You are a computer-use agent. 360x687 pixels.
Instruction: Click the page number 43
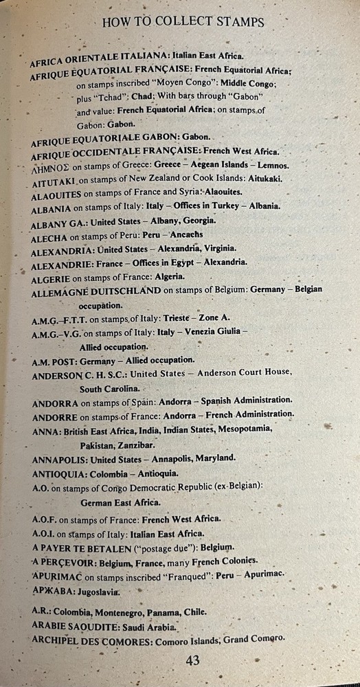pyautogui.click(x=192, y=661)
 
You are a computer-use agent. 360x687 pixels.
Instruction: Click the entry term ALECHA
pyautogui.click(x=49, y=237)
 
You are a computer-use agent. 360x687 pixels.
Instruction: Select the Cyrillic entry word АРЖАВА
pyautogui.click(x=52, y=590)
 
